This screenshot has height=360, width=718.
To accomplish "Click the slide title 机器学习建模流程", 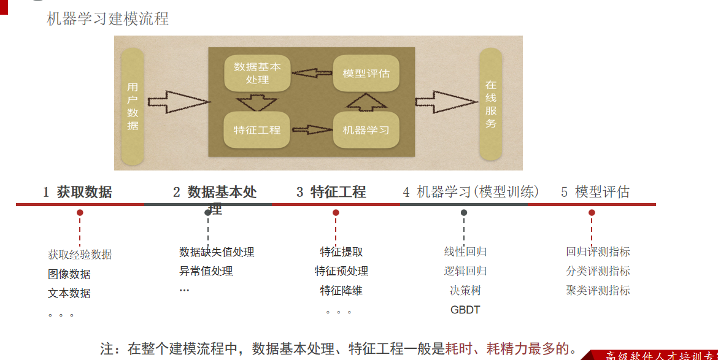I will (x=108, y=19).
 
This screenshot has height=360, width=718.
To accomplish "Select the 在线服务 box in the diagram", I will (x=490, y=104).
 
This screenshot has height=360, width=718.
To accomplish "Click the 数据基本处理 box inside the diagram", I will (x=257, y=73).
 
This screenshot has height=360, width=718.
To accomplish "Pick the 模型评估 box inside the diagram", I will (x=366, y=74).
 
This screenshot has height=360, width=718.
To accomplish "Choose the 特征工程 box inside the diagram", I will (x=257, y=130).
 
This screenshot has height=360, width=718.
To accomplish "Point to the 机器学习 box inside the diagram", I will (x=366, y=130).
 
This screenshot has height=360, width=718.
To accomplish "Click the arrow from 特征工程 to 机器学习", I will (x=312, y=131).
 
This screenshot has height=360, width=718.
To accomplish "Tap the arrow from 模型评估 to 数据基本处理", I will (x=312, y=74).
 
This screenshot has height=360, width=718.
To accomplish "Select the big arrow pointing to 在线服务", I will (x=445, y=102).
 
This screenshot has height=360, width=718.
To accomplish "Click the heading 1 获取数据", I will (x=77, y=192).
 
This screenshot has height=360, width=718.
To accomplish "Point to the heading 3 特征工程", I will (x=331, y=192).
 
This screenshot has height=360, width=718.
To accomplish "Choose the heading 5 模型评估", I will (x=595, y=192).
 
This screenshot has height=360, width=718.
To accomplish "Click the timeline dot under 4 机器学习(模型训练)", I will (x=464, y=213).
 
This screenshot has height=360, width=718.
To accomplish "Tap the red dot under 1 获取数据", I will (x=80, y=213).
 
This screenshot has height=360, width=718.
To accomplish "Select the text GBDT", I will (x=465, y=310).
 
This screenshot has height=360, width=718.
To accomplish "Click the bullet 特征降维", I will (x=341, y=290).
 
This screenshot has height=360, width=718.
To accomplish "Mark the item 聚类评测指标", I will (x=598, y=290).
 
